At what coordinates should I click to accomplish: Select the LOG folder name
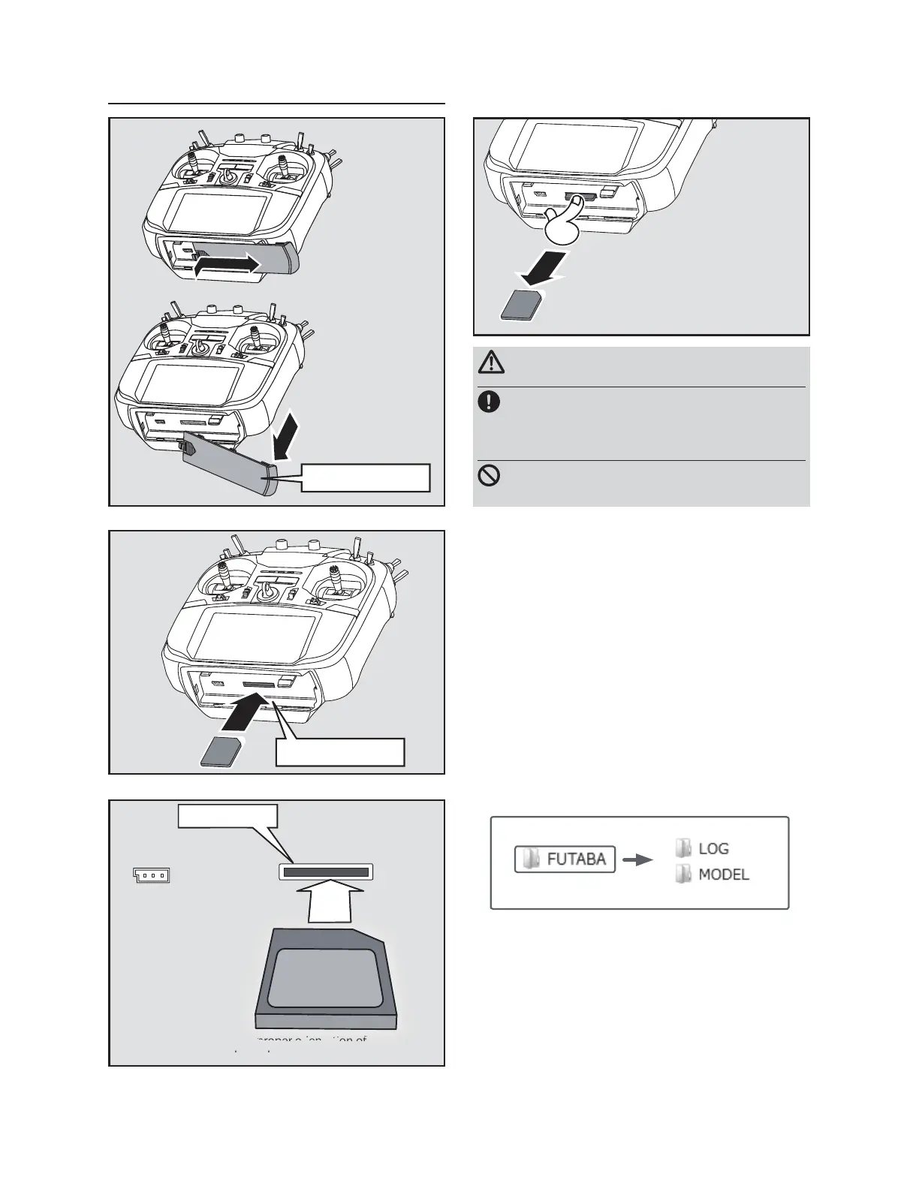point(713,849)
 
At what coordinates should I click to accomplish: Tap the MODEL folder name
point(724,874)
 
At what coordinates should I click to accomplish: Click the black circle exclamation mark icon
point(489,402)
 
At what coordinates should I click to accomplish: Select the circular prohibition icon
point(489,476)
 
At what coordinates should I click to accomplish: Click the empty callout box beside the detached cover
point(365,477)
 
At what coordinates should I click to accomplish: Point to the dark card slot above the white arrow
point(326,872)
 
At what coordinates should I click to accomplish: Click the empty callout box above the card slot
point(227,816)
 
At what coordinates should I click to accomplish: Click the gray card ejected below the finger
point(519,305)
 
